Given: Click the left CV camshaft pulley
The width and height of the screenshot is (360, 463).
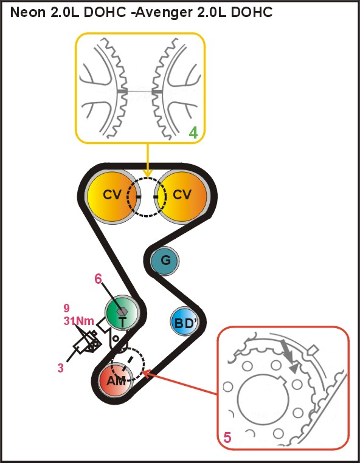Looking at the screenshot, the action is (112, 196).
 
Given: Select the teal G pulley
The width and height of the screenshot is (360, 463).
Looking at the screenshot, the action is (165, 261).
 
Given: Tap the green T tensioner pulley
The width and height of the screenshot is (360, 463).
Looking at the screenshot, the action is (122, 312).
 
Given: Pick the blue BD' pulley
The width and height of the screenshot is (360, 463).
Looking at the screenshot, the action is (185, 323).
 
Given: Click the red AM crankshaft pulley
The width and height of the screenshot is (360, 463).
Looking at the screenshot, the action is (116, 380).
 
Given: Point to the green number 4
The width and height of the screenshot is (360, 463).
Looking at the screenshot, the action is (193, 133).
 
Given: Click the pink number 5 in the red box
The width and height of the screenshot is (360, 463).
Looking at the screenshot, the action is (227, 437).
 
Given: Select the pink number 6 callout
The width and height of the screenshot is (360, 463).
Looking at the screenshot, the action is (98, 279).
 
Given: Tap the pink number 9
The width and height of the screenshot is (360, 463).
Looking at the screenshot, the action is (67, 308).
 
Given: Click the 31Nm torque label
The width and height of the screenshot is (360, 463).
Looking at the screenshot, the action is (79, 321).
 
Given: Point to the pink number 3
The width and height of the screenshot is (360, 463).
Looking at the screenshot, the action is (60, 368).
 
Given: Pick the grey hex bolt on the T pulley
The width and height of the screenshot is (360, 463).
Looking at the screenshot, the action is (122, 310).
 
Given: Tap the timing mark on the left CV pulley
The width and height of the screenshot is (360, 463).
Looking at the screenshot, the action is (138, 196).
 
